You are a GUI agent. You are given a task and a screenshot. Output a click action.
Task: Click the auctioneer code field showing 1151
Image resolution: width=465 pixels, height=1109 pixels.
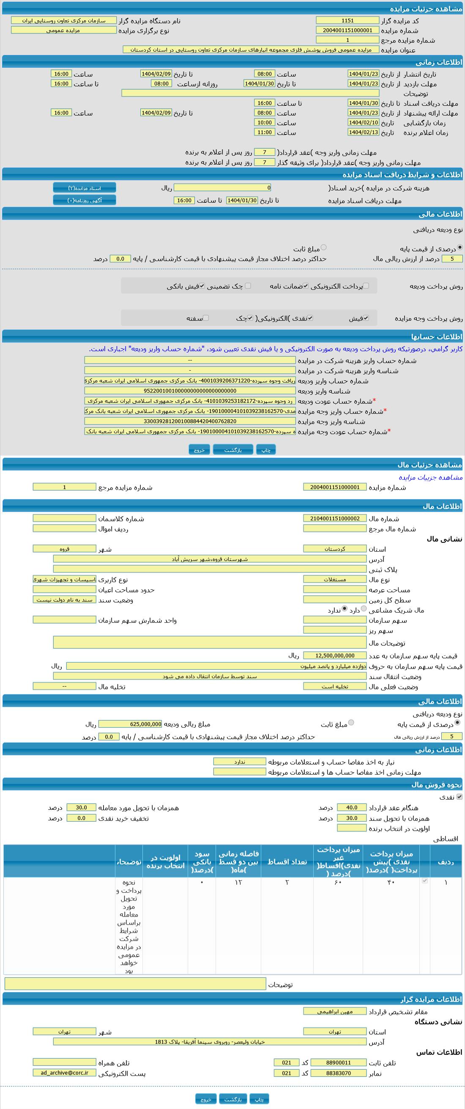coord(347,21)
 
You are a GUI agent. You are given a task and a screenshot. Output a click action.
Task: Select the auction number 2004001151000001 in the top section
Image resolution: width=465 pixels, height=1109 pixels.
coord(347,30)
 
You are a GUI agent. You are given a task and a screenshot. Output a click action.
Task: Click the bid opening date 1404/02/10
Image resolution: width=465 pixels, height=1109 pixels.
coord(363,123)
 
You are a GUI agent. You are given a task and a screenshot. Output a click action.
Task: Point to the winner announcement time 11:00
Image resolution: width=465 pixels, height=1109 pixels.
coord(265,132)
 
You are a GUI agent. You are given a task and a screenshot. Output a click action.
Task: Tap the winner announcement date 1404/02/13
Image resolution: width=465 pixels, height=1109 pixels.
coord(363,132)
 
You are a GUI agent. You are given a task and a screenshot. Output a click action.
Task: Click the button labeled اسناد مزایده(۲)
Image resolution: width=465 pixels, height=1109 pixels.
coord(84,188)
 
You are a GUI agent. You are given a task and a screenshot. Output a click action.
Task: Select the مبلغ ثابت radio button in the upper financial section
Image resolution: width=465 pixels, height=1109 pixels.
coord(323,248)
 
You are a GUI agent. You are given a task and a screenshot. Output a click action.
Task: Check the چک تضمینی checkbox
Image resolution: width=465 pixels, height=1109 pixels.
coord(248,286)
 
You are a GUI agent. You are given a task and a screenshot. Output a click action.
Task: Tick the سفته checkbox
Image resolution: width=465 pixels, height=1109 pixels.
coord(205,318)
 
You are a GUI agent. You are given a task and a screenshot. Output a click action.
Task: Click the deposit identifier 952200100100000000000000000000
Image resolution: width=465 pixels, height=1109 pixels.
coord(190,391)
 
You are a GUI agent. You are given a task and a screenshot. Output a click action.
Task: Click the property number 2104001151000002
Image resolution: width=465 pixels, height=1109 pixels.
coord(335,518)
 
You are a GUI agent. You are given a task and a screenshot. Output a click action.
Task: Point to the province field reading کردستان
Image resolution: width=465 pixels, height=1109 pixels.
coord(335,549)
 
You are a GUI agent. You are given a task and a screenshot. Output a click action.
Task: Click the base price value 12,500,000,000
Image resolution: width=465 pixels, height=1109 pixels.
coord(335,656)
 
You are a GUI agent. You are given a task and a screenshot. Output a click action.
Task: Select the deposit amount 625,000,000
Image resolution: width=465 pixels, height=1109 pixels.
coord(130,724)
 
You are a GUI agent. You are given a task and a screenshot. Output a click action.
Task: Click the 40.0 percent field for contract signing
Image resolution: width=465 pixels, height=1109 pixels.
coord(351,808)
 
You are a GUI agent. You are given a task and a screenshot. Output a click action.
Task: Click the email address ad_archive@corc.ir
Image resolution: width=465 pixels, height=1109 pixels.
coord(64,1073)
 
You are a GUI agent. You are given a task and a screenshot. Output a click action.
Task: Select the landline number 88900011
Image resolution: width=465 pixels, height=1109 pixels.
coord(338,1062)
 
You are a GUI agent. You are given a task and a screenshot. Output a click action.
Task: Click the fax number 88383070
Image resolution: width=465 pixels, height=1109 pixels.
coord(338,1073)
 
